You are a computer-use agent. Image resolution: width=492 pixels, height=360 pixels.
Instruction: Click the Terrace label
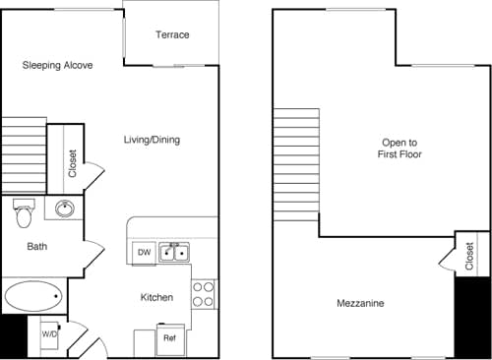(x=172, y=35)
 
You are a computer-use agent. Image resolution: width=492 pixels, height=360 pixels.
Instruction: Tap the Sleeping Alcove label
(x=58, y=66)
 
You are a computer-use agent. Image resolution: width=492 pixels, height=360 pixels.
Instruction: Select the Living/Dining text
(x=152, y=141)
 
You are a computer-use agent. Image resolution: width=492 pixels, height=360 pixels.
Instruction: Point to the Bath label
(x=37, y=247)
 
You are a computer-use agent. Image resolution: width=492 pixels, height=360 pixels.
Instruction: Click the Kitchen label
(x=156, y=297)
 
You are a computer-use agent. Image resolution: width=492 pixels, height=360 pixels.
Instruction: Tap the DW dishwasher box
(x=144, y=253)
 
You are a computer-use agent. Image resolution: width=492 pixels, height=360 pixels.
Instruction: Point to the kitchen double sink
(x=176, y=252)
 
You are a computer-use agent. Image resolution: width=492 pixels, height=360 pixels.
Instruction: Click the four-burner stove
(x=204, y=293)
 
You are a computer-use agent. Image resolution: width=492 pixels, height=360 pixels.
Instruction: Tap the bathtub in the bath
(x=33, y=296)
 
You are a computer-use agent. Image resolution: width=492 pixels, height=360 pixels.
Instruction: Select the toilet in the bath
(x=26, y=210)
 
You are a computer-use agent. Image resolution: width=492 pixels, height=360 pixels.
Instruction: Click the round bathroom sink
(x=65, y=209)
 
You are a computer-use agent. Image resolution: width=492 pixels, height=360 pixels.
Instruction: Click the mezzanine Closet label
(x=469, y=255)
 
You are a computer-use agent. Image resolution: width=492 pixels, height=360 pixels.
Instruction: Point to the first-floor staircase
(x=24, y=155)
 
